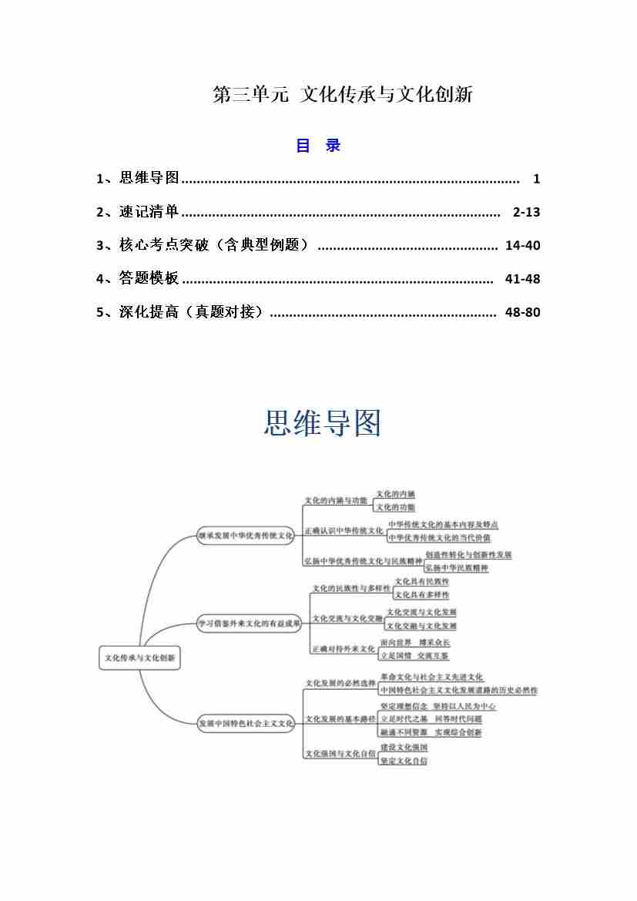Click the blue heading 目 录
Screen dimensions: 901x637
click(318, 146)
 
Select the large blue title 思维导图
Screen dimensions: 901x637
click(323, 423)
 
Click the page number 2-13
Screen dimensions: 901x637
click(526, 212)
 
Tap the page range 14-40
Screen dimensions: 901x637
click(522, 246)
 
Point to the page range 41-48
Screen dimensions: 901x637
click(522, 279)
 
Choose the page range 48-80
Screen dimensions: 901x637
click(522, 312)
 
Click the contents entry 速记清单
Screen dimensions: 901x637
click(149, 212)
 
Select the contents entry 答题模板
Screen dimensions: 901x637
click(149, 279)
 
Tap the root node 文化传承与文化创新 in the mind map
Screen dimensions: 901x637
click(140, 658)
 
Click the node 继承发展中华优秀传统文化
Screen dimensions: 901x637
click(246, 535)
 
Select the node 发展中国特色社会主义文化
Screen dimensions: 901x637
click(246, 723)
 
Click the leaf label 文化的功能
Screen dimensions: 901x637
click(395, 507)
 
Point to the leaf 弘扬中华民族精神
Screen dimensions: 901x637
click(457, 568)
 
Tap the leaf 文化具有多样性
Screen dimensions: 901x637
click(421, 595)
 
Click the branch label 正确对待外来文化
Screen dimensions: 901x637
click(343, 649)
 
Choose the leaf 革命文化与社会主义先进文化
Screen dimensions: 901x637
click(431, 677)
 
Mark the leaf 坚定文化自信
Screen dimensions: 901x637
click(404, 761)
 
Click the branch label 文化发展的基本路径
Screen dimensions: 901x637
click(340, 718)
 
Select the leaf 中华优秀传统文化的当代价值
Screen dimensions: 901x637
click(438, 538)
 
